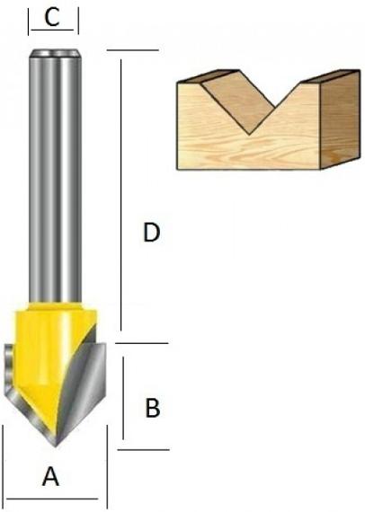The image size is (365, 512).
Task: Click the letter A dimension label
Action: tap(50, 476)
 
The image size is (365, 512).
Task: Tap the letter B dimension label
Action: tap(153, 408)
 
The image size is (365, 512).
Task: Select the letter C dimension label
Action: tap(52, 17)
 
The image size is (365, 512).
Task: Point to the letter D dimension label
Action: tap(152, 232)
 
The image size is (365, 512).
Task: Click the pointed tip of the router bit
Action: tap(55, 446)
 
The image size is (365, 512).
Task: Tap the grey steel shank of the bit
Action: tap(55, 176)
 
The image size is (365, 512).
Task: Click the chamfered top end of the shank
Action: tap(55, 53)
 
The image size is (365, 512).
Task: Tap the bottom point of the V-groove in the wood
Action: tap(250, 134)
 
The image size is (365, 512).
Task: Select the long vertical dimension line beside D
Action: tap(120, 195)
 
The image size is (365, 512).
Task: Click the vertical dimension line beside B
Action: tap(123, 398)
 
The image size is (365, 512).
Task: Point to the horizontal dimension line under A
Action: tap(52, 499)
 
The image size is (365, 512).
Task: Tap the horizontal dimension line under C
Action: tap(52, 30)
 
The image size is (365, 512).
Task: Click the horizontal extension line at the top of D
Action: tap(133, 50)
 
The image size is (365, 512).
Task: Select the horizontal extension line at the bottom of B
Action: tap(144, 450)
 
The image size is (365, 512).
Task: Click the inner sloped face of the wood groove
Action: tap(238, 98)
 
